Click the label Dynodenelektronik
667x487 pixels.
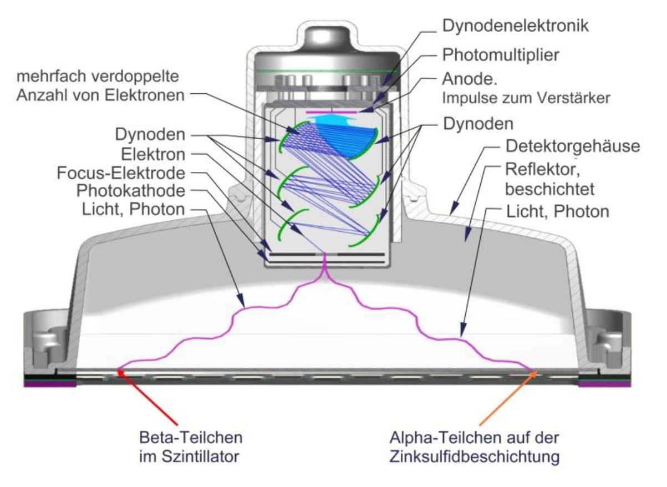(516, 26)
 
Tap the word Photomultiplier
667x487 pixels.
(501, 55)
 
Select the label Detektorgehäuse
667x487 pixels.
(573, 146)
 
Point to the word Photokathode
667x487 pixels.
(131, 191)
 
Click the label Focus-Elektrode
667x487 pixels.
(121, 173)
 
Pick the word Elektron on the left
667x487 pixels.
(153, 154)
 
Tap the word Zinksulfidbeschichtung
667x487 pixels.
(475, 456)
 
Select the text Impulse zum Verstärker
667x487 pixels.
(526, 98)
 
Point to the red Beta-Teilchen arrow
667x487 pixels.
(147, 397)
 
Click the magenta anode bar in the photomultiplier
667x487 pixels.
(331, 112)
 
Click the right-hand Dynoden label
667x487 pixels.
(478, 124)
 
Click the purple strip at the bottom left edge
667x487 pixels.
(50, 384)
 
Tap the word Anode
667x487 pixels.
(470, 79)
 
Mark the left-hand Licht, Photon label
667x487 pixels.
(134, 210)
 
